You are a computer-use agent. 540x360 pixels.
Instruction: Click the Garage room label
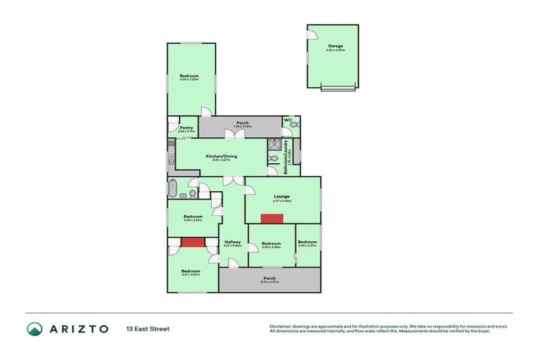[x=335, y=46]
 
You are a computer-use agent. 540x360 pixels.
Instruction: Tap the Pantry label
[x=186, y=127]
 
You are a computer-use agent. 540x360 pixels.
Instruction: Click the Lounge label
[x=281, y=196]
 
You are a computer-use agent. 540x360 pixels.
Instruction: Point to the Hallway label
[x=233, y=242]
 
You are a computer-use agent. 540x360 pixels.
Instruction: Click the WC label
[x=288, y=120]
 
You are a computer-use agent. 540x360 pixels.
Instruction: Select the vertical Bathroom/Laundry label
[x=286, y=160]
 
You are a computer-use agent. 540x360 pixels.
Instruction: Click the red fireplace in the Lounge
[x=271, y=218]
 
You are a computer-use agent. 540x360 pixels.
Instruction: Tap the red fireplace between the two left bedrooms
[x=191, y=242]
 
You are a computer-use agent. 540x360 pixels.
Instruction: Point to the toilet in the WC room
[x=293, y=124]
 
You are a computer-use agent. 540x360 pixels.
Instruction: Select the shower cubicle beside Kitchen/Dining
[x=273, y=146]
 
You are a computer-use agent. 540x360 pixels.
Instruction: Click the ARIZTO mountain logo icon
[x=34, y=329]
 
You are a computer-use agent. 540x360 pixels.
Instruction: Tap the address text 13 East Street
[x=148, y=328]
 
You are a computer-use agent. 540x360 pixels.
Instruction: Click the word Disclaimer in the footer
[x=281, y=326]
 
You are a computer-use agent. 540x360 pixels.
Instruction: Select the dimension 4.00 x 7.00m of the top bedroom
[x=189, y=80]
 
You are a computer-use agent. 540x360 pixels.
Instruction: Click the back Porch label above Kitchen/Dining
[x=243, y=122]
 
